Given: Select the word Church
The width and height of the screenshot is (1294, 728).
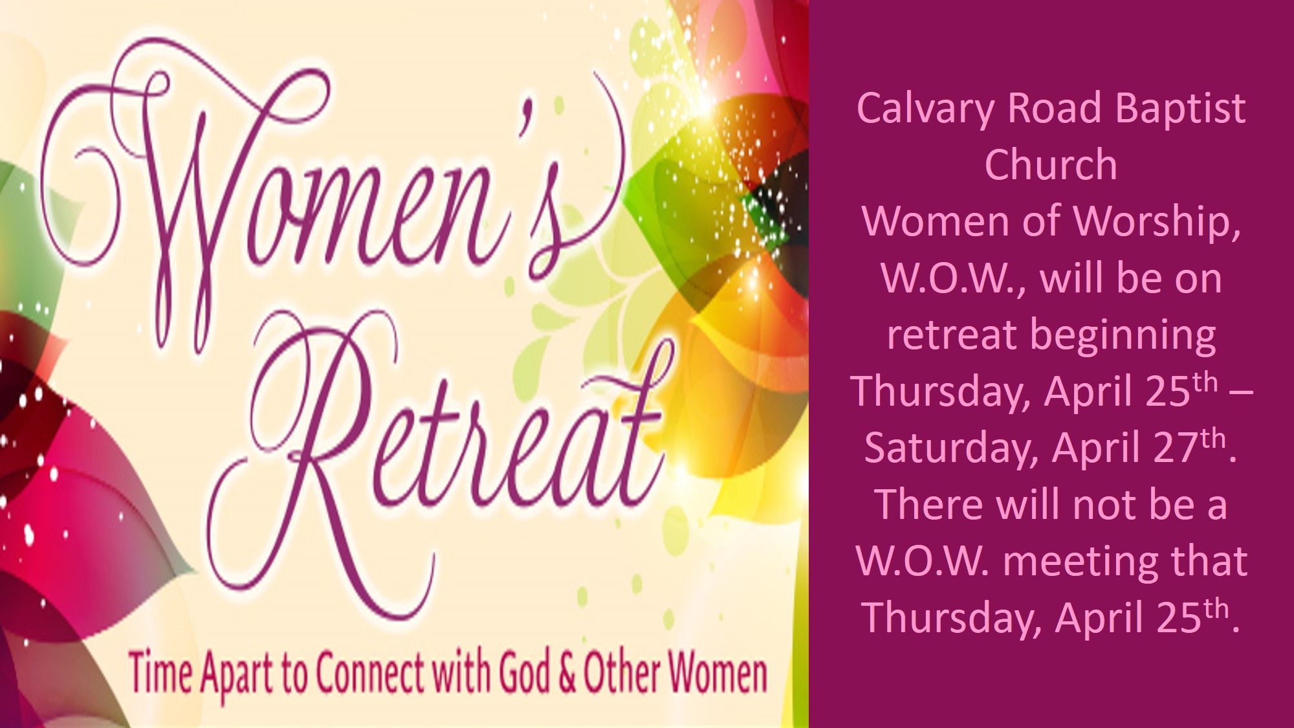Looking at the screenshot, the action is point(1051,164).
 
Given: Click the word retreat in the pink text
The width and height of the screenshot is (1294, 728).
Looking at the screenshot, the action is point(952,335).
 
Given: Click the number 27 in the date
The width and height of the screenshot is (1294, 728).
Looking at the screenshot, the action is point(1177,448).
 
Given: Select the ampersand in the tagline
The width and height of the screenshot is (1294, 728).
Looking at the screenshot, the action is point(567,674).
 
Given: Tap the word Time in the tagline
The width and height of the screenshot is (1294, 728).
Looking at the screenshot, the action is point(160,673).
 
